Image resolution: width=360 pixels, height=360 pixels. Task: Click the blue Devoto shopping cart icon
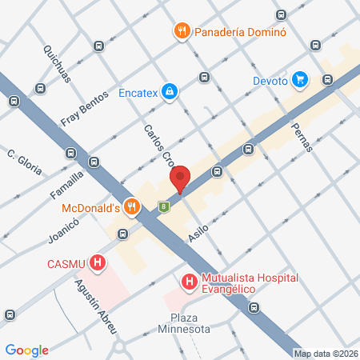coord(300,78)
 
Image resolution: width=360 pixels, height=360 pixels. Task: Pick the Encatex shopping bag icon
coord(170,92)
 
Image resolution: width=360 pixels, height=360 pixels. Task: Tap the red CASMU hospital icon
coord(98,262)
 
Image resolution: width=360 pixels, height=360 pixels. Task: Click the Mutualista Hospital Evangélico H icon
coord(189,282)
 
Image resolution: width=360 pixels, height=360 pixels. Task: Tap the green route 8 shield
coord(163,206)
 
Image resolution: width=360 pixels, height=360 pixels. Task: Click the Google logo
coord(26,350)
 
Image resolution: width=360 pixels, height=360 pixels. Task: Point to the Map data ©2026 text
coord(325,354)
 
